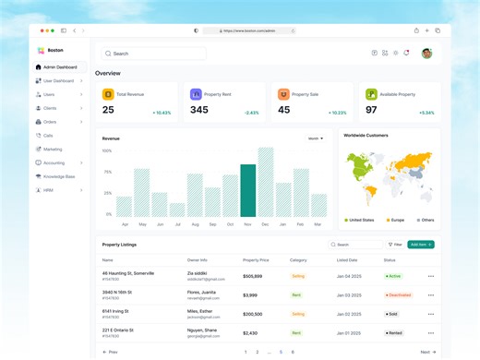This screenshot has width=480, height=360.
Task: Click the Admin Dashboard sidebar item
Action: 60,67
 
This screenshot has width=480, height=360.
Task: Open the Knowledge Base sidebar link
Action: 58,175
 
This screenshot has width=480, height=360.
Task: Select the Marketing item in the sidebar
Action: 53,149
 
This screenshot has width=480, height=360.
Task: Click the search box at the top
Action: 154,54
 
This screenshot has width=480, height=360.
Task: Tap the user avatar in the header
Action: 426,54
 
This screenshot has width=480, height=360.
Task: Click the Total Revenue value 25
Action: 108,110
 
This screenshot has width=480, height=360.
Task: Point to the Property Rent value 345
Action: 198,110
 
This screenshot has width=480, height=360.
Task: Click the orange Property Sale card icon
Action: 283,94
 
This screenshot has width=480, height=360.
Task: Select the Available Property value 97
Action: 371,110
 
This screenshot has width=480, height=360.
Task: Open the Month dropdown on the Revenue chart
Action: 316,138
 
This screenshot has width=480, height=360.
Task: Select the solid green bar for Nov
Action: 247,190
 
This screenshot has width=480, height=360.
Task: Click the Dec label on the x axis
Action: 265,224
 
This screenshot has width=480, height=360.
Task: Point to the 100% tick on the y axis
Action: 107,150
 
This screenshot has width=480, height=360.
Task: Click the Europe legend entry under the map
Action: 395,220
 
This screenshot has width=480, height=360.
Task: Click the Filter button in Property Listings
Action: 394,245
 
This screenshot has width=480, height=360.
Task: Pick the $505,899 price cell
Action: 252,276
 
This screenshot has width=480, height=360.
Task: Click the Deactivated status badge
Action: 399,295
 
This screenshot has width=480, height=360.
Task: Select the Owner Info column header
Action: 198,260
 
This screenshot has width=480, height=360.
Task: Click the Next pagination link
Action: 427,352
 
